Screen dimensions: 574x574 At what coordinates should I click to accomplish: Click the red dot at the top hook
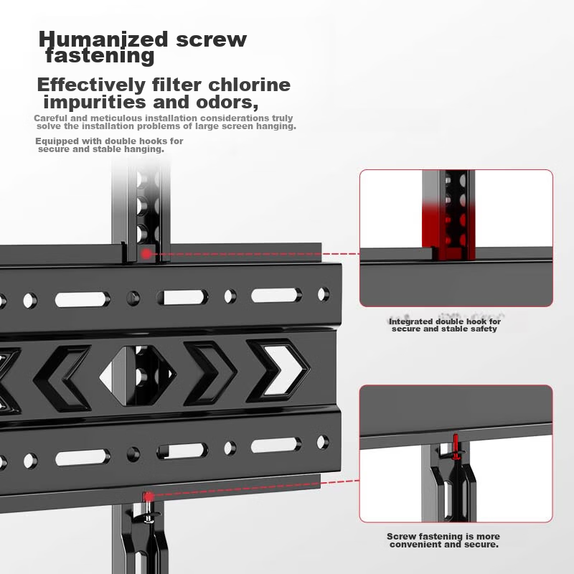coord(146,253)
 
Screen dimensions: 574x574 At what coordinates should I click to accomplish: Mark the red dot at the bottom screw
coord(149,496)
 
